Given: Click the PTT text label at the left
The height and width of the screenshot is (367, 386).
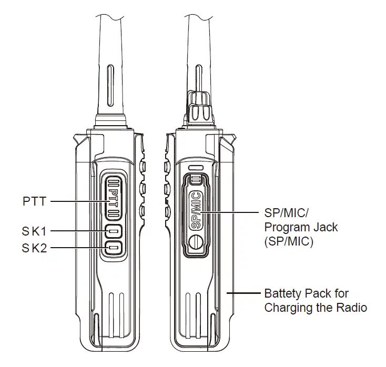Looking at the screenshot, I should [x=34, y=201].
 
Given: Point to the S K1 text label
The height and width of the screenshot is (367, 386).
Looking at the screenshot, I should [x=35, y=231].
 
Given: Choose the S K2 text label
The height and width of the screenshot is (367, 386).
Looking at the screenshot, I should [x=35, y=248].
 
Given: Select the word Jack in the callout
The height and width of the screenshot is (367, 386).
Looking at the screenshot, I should [x=324, y=228].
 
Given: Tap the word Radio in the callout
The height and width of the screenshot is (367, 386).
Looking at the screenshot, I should [x=352, y=308].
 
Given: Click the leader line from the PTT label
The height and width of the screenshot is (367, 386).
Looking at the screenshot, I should [x=79, y=201].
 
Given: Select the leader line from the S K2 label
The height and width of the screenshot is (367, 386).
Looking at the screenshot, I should [x=79, y=248].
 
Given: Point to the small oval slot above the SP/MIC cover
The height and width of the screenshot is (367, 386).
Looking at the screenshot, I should [x=195, y=168].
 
